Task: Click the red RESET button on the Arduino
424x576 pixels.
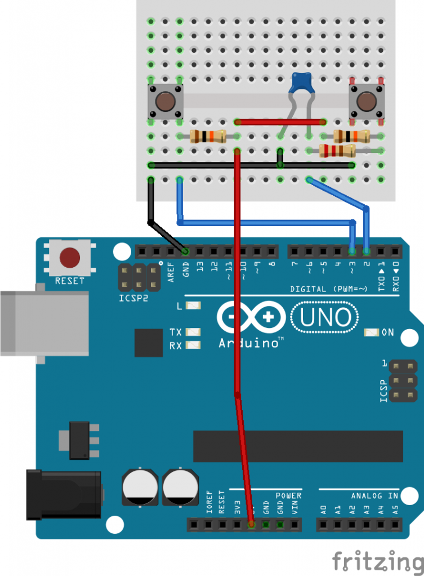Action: [x=70, y=258]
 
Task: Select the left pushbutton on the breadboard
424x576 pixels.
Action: [x=165, y=102]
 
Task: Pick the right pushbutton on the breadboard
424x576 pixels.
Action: [x=367, y=102]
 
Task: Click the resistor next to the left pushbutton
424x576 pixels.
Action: [x=207, y=136]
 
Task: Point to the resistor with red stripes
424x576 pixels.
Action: [x=337, y=150]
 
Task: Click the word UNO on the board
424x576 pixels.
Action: [x=325, y=318]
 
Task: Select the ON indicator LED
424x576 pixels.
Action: [x=372, y=332]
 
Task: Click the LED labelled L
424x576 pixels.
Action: [x=193, y=306]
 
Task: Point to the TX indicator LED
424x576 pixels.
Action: [x=193, y=332]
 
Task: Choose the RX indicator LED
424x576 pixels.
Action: [x=193, y=345]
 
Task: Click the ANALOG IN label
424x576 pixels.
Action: [x=374, y=496]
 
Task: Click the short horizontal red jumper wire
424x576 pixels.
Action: [x=280, y=121]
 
